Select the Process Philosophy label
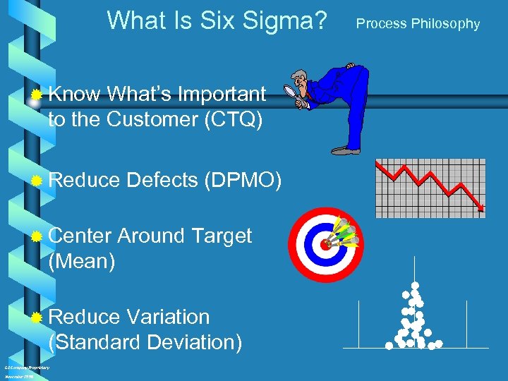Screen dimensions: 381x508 [418, 24]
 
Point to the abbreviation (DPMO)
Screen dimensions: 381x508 [243, 181]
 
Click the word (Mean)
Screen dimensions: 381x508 [81, 262]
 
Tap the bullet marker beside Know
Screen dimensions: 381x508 [37, 95]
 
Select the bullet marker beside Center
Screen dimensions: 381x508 [37, 236]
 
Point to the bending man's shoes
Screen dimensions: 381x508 [346, 150]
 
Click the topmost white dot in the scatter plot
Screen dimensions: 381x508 [415, 286]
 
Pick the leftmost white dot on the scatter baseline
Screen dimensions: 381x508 [389, 346]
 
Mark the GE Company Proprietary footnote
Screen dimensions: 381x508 [27, 368]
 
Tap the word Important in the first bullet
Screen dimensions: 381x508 [222, 95]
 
